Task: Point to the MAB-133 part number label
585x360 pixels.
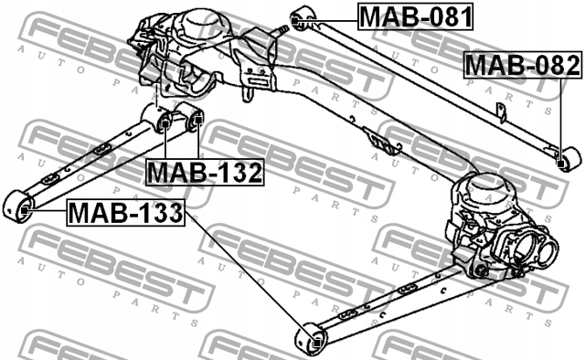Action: tap(124, 215)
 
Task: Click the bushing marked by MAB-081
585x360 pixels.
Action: tap(303, 17)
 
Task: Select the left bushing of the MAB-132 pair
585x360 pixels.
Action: tap(165, 121)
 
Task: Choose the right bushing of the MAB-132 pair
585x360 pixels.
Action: tap(193, 116)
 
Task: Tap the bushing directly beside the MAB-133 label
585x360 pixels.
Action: tap(20, 207)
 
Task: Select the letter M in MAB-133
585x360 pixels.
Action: tap(80, 215)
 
